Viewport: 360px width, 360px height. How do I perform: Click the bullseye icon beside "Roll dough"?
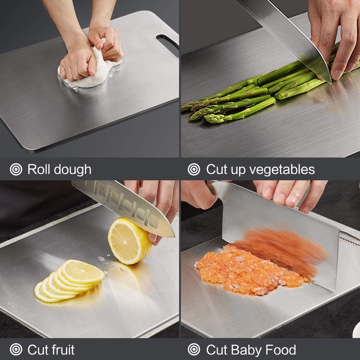pyautogui.click(x=16, y=170)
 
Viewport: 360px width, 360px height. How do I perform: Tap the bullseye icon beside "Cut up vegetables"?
pyautogui.click(x=194, y=170)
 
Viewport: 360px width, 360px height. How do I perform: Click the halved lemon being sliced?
pyautogui.click(x=129, y=241)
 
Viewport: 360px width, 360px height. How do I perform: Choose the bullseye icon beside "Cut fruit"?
pyautogui.click(x=16, y=350)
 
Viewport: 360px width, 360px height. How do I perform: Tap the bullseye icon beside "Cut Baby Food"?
pyautogui.click(x=194, y=350)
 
